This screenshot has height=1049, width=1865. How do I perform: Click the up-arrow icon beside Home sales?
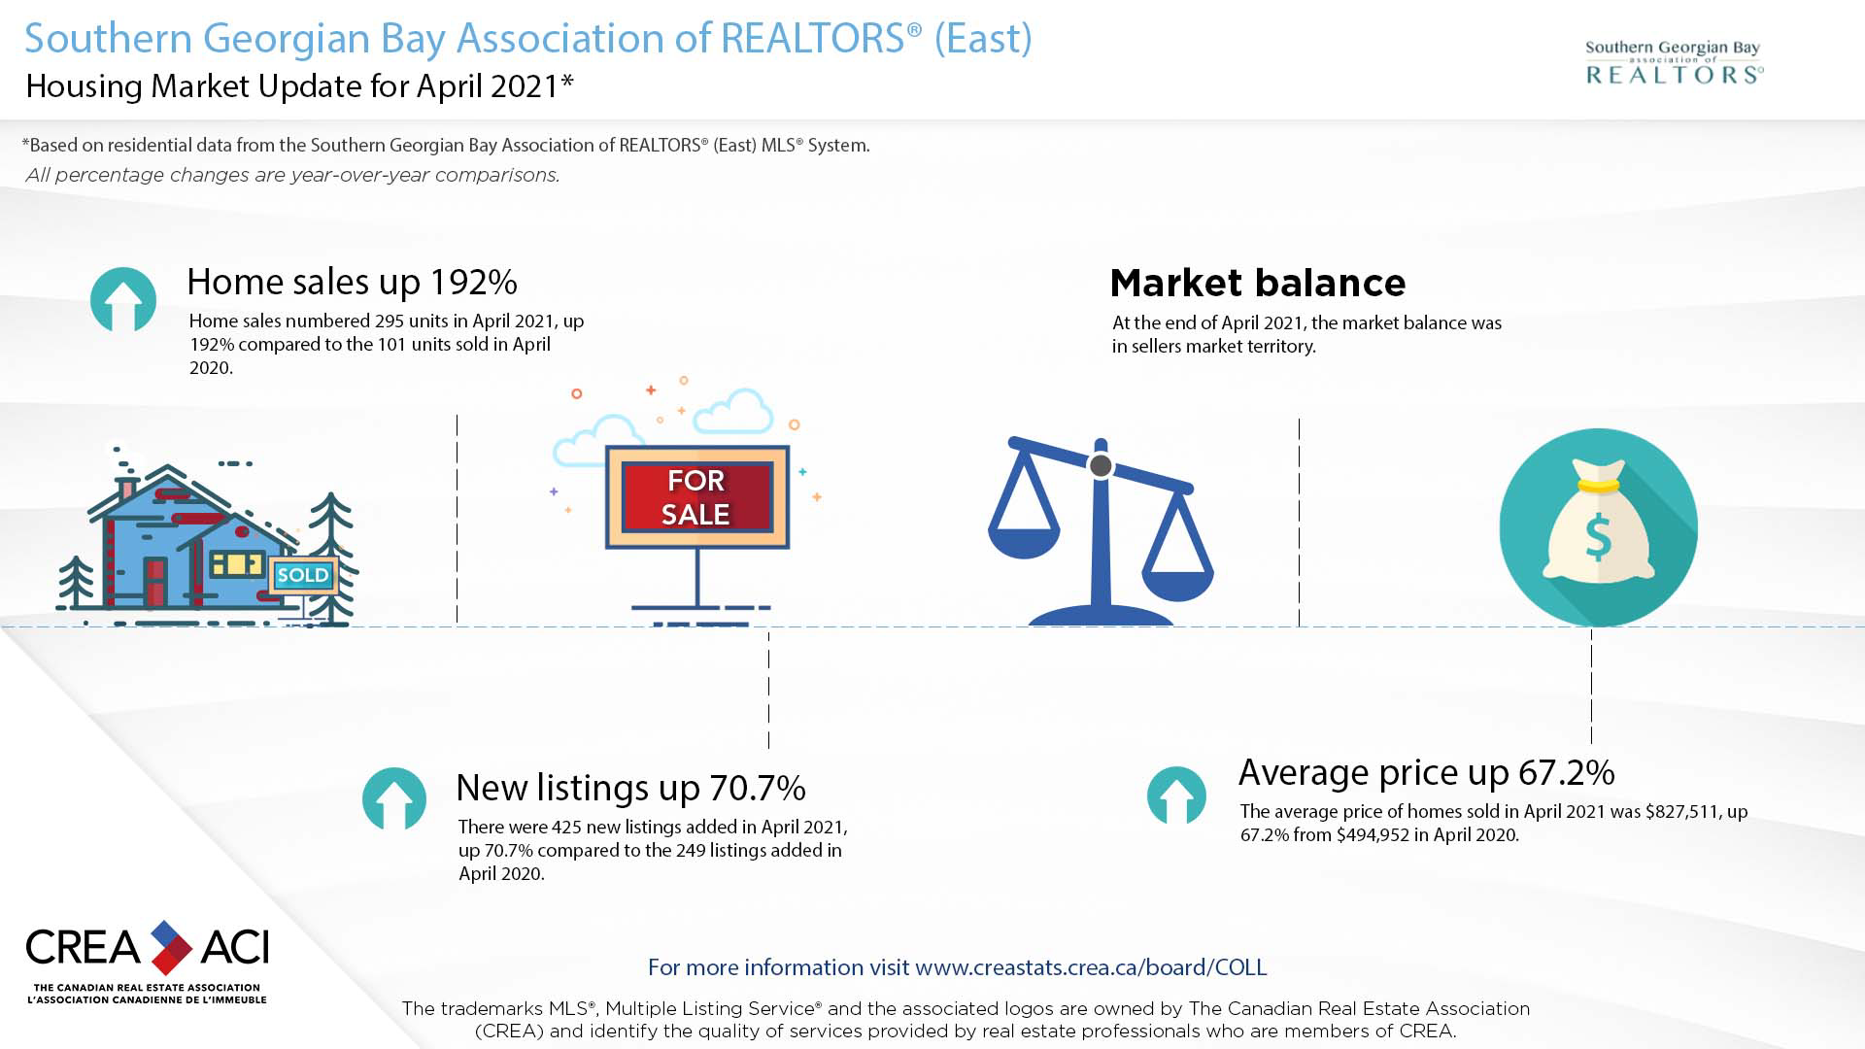(123, 299)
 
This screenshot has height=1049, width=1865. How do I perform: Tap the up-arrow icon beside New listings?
(394, 798)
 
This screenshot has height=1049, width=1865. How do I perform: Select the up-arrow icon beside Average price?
(1176, 795)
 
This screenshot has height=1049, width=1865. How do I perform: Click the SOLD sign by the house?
(303, 575)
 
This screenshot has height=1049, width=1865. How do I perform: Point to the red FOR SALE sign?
(696, 497)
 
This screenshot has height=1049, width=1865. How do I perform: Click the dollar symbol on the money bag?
(1598, 537)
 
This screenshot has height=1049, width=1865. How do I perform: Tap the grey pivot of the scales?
(1101, 466)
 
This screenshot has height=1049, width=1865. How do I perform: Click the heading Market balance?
(1258, 283)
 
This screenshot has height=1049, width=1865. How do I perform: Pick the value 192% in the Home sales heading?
(474, 282)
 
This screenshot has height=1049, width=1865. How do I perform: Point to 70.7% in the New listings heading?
(758, 788)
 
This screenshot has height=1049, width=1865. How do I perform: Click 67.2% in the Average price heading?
(1567, 772)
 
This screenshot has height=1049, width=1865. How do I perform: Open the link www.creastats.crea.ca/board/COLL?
(1091, 967)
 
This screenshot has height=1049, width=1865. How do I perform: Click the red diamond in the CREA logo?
(171, 957)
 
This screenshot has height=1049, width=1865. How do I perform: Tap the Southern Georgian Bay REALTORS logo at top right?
(1675, 62)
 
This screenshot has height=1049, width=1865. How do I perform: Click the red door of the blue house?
(155, 581)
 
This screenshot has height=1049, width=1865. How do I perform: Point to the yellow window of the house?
(237, 563)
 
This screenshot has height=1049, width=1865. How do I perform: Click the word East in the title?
(983, 39)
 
